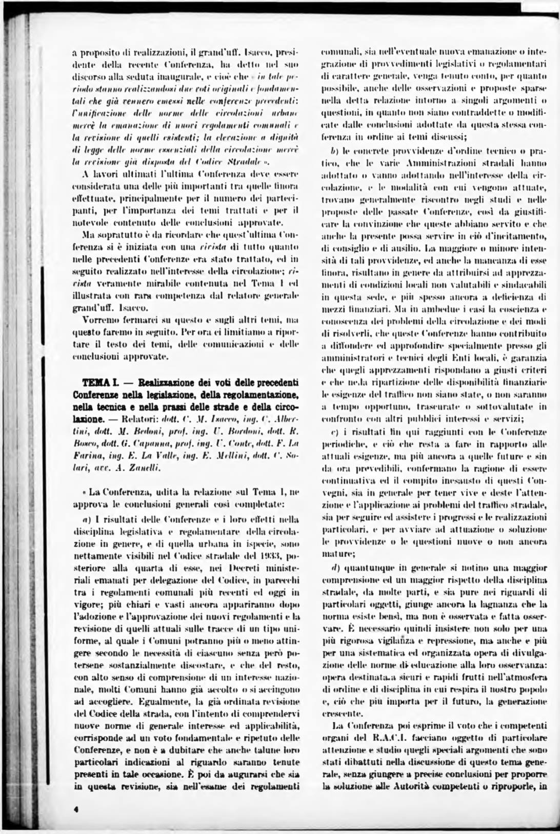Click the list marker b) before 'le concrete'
tap(334, 152)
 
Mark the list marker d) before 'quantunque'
tap(334, 568)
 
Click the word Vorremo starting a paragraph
tap(102, 319)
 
